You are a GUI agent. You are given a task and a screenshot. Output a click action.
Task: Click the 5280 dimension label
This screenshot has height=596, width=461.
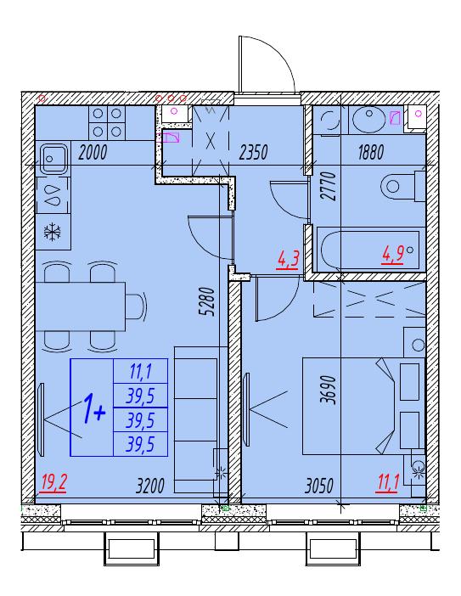208,301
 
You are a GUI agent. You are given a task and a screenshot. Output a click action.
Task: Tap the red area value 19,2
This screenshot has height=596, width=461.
54,483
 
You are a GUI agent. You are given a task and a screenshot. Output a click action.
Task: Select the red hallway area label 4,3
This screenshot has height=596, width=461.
289,261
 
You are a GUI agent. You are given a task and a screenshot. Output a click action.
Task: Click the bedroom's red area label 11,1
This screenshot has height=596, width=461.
387,484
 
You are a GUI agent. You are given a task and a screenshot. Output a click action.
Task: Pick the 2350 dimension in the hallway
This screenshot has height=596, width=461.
253,153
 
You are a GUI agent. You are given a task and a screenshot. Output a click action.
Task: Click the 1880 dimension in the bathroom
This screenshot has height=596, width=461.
371,153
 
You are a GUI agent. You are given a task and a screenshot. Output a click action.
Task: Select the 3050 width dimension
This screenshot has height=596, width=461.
319,486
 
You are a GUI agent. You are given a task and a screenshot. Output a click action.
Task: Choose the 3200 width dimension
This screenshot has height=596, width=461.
150,486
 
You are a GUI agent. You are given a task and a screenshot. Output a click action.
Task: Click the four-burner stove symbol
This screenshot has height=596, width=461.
107,123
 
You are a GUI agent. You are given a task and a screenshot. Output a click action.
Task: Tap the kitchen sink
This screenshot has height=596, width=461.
53,159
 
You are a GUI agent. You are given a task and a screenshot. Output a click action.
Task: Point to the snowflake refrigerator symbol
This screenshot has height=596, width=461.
53,233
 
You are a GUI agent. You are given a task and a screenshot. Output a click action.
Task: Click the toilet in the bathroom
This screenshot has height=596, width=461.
403,186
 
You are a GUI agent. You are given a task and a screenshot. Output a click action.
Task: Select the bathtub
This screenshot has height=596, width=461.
368,250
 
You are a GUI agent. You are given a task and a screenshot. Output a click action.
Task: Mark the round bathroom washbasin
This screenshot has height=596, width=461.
368,120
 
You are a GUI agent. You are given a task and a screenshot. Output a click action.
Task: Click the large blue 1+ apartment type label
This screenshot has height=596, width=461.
93,409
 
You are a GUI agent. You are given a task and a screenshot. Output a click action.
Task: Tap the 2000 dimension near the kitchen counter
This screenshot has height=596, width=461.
93,153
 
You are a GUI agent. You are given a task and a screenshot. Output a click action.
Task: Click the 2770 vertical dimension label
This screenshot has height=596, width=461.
328,186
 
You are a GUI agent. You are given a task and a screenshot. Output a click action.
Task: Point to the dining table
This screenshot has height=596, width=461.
80,306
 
